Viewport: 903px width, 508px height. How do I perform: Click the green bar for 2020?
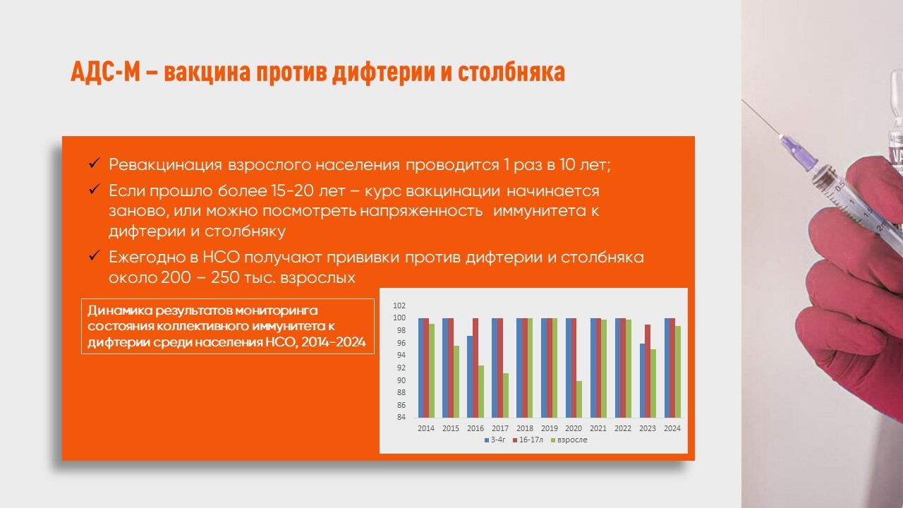579,399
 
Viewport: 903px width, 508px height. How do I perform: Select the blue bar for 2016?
470,377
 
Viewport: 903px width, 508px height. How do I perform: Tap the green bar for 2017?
506,396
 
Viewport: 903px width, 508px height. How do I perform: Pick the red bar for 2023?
648,371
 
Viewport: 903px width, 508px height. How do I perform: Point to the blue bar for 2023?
642,380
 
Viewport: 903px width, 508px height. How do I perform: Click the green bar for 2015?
456,382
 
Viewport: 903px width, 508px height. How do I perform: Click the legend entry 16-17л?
528,440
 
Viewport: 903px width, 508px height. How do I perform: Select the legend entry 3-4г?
495,440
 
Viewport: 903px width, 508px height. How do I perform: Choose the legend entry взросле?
569,440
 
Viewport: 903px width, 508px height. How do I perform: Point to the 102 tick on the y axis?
399,306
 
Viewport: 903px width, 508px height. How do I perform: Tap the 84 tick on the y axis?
401,417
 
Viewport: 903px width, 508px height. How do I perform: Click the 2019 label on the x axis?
549,428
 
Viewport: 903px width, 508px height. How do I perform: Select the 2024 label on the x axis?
672,428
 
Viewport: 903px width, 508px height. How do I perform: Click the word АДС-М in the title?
105,72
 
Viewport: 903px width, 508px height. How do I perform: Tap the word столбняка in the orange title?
511,72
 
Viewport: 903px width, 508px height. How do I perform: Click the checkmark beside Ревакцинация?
95,163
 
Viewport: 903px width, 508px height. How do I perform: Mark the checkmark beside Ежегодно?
95,255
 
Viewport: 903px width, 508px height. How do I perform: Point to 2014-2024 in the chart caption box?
334,342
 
